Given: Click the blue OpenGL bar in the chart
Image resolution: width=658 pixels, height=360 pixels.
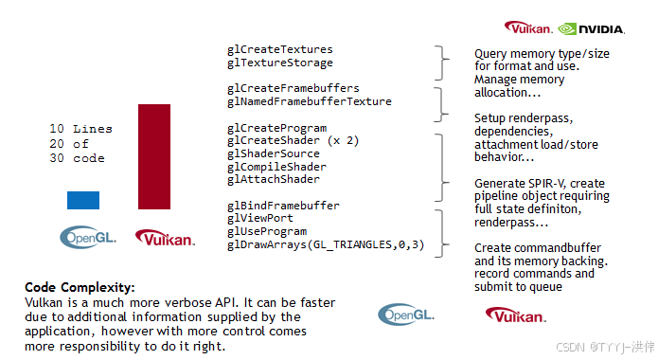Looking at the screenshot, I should point(82,199).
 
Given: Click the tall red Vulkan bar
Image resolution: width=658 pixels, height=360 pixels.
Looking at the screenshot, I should point(154,156).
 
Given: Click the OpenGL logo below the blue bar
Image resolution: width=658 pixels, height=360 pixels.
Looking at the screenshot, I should point(88,237).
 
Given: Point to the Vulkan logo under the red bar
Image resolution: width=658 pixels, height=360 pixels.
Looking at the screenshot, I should point(165,238).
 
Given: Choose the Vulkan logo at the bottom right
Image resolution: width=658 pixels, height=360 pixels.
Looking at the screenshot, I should point(515,315).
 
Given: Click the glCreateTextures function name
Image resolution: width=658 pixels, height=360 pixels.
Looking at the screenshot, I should point(279,49).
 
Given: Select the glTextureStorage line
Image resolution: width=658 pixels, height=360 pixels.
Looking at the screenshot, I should point(279,63).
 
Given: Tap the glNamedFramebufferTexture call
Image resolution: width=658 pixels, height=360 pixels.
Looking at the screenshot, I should point(309,101).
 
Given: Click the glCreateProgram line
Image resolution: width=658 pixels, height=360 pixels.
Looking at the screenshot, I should point(276,128).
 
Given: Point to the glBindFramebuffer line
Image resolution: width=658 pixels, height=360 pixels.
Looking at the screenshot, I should point(283,206).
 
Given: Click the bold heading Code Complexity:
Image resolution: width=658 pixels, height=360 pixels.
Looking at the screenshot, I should point(80,286).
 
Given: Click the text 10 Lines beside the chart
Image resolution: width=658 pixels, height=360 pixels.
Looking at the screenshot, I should point(80,129).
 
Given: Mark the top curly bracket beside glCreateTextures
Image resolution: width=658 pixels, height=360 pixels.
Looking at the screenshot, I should point(439,63).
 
